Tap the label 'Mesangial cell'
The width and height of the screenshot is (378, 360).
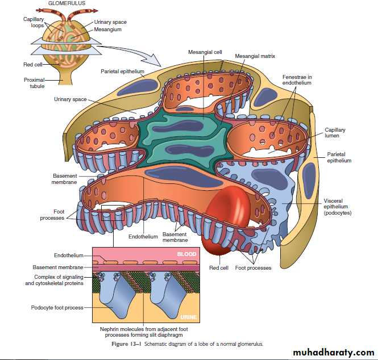click(x=205, y=52)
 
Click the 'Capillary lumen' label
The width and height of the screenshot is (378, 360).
click(x=335, y=133)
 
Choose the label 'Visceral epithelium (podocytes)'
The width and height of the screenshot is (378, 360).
click(x=338, y=207)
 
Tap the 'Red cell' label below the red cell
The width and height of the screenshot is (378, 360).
click(x=218, y=267)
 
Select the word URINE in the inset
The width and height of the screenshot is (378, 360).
click(x=188, y=317)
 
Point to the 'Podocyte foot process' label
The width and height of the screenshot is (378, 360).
click(x=57, y=308)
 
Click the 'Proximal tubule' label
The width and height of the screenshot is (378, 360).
click(x=34, y=83)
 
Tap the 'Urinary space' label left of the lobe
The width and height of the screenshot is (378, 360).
click(x=70, y=99)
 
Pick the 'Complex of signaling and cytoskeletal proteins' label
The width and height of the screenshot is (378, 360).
click(x=55, y=280)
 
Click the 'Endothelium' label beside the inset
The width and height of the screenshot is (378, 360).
click(x=69, y=256)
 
